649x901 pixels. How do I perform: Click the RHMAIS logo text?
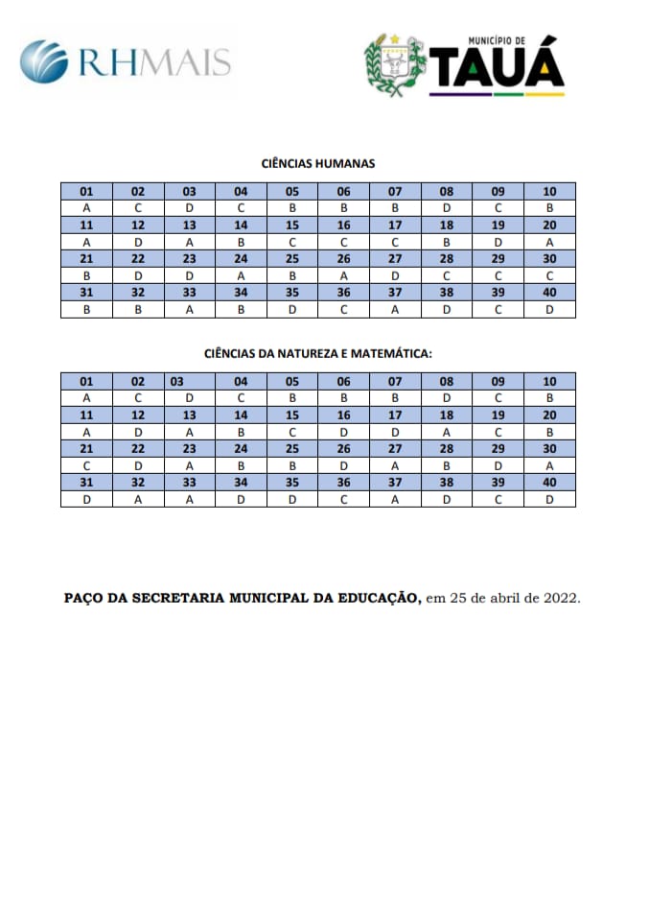click(x=154, y=62)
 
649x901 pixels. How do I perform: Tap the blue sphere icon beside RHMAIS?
click(x=44, y=61)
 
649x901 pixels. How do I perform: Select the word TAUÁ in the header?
click(x=497, y=70)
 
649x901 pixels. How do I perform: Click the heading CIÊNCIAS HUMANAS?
click(x=317, y=164)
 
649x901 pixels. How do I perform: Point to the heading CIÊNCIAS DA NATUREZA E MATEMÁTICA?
click(x=317, y=354)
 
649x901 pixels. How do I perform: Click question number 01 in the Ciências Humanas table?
click(x=86, y=191)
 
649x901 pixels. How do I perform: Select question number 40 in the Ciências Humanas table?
click(x=549, y=292)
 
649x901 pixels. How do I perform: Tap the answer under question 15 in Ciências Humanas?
click(x=292, y=242)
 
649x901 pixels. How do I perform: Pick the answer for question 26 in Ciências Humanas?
click(x=343, y=275)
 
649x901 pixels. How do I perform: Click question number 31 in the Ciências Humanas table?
click(x=86, y=292)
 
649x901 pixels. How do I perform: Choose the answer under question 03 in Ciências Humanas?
click(x=190, y=207)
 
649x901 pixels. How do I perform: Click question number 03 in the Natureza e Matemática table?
click(x=177, y=381)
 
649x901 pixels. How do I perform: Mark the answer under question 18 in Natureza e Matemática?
click(x=447, y=432)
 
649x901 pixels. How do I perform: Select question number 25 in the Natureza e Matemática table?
click(x=292, y=448)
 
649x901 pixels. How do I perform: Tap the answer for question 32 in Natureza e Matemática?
click(x=138, y=499)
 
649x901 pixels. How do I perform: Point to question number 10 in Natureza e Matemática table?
click(x=549, y=381)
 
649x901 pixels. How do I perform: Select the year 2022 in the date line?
click(x=560, y=597)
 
